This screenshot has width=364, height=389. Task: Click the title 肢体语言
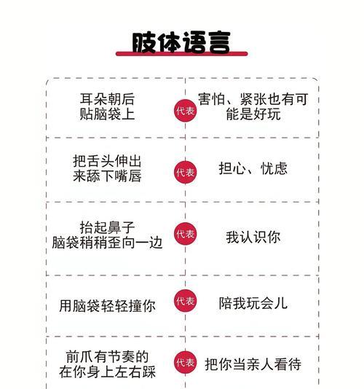pyautogui.click(x=181, y=42)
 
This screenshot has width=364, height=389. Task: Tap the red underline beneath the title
pyautogui.click(x=182, y=54)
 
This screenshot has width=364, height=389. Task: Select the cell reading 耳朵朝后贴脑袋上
pyautogui.click(x=107, y=106)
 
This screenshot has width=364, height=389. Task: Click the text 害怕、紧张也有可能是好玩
pyautogui.click(x=253, y=106)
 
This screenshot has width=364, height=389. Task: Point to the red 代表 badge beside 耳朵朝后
pyautogui.click(x=185, y=111)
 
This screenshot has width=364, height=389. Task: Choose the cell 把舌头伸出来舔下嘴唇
pyautogui.click(x=107, y=169)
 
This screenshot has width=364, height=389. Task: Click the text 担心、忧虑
pyautogui.click(x=253, y=169)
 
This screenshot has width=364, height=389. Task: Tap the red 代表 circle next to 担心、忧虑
pyautogui.click(x=185, y=172)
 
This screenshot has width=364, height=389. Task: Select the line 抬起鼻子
pyautogui.click(x=107, y=227)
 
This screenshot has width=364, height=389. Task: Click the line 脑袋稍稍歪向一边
pyautogui.click(x=107, y=243)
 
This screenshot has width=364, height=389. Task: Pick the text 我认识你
pyautogui.click(x=253, y=237)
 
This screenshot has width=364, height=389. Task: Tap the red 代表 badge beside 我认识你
pyautogui.click(x=185, y=234)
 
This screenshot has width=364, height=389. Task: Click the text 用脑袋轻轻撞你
pyautogui.click(x=107, y=306)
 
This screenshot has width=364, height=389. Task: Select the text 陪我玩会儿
pyautogui.click(x=253, y=303)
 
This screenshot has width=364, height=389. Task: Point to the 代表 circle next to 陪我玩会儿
pyautogui.click(x=185, y=301)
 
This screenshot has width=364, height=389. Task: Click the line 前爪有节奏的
pyautogui.click(x=107, y=357)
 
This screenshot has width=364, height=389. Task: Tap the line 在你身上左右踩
pyautogui.click(x=107, y=372)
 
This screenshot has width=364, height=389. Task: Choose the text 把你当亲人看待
pyautogui.click(x=253, y=364)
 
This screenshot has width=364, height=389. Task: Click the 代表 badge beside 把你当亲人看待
pyautogui.click(x=185, y=362)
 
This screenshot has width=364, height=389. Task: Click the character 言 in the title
pyautogui.click(x=219, y=42)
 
